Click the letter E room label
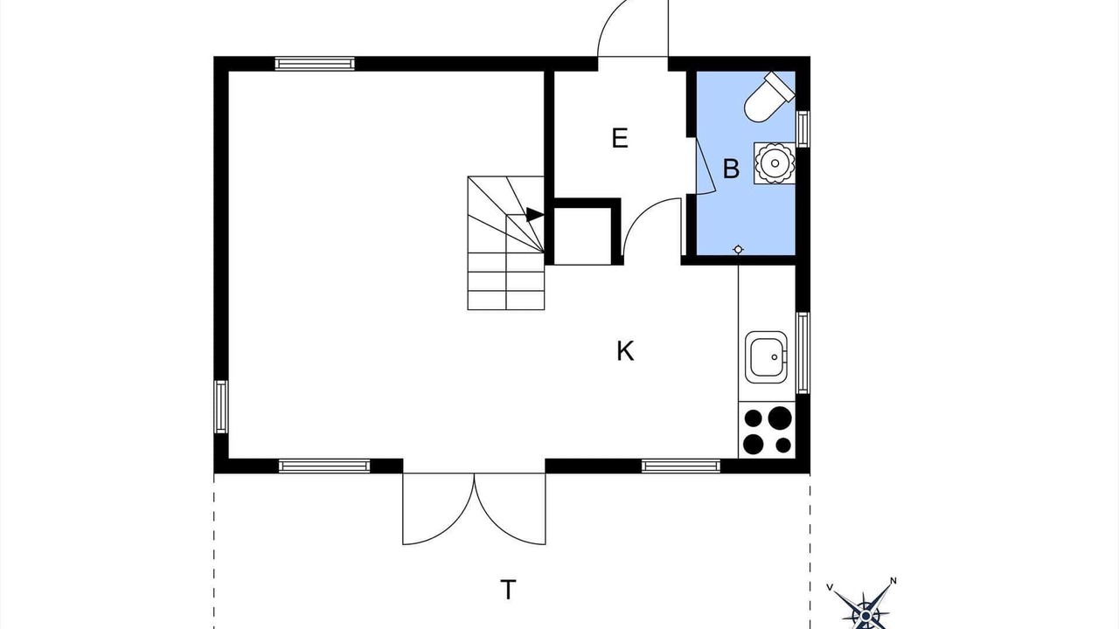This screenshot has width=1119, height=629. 620,138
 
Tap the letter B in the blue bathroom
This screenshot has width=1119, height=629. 732,169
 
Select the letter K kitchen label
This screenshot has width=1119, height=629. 625,351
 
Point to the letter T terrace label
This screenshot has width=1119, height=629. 508,590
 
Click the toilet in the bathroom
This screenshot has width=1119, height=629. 768,97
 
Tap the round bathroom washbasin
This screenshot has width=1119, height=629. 775,162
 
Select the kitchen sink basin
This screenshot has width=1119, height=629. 766,357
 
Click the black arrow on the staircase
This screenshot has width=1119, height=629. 534,215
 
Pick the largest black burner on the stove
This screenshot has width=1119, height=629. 779,418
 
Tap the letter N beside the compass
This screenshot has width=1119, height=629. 893,581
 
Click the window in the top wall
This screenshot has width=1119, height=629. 315,64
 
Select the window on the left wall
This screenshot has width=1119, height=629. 221,407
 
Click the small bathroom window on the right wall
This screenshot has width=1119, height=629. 803,129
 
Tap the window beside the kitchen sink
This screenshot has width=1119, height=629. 803,353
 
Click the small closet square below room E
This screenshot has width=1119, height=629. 582,236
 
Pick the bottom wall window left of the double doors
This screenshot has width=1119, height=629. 324,467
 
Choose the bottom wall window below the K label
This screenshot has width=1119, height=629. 681,467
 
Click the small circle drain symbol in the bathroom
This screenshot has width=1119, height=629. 738,249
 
